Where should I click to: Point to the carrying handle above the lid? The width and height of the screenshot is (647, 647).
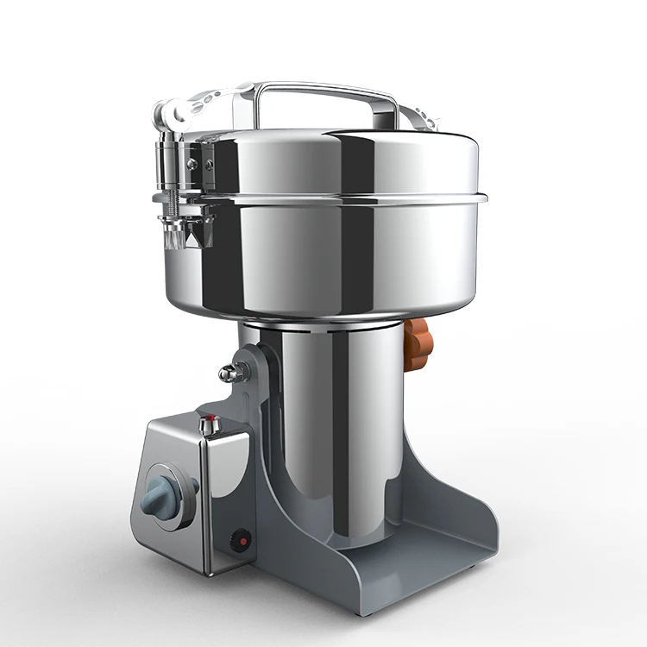point(328,89)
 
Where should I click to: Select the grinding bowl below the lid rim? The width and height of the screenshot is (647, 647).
point(345,259)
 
